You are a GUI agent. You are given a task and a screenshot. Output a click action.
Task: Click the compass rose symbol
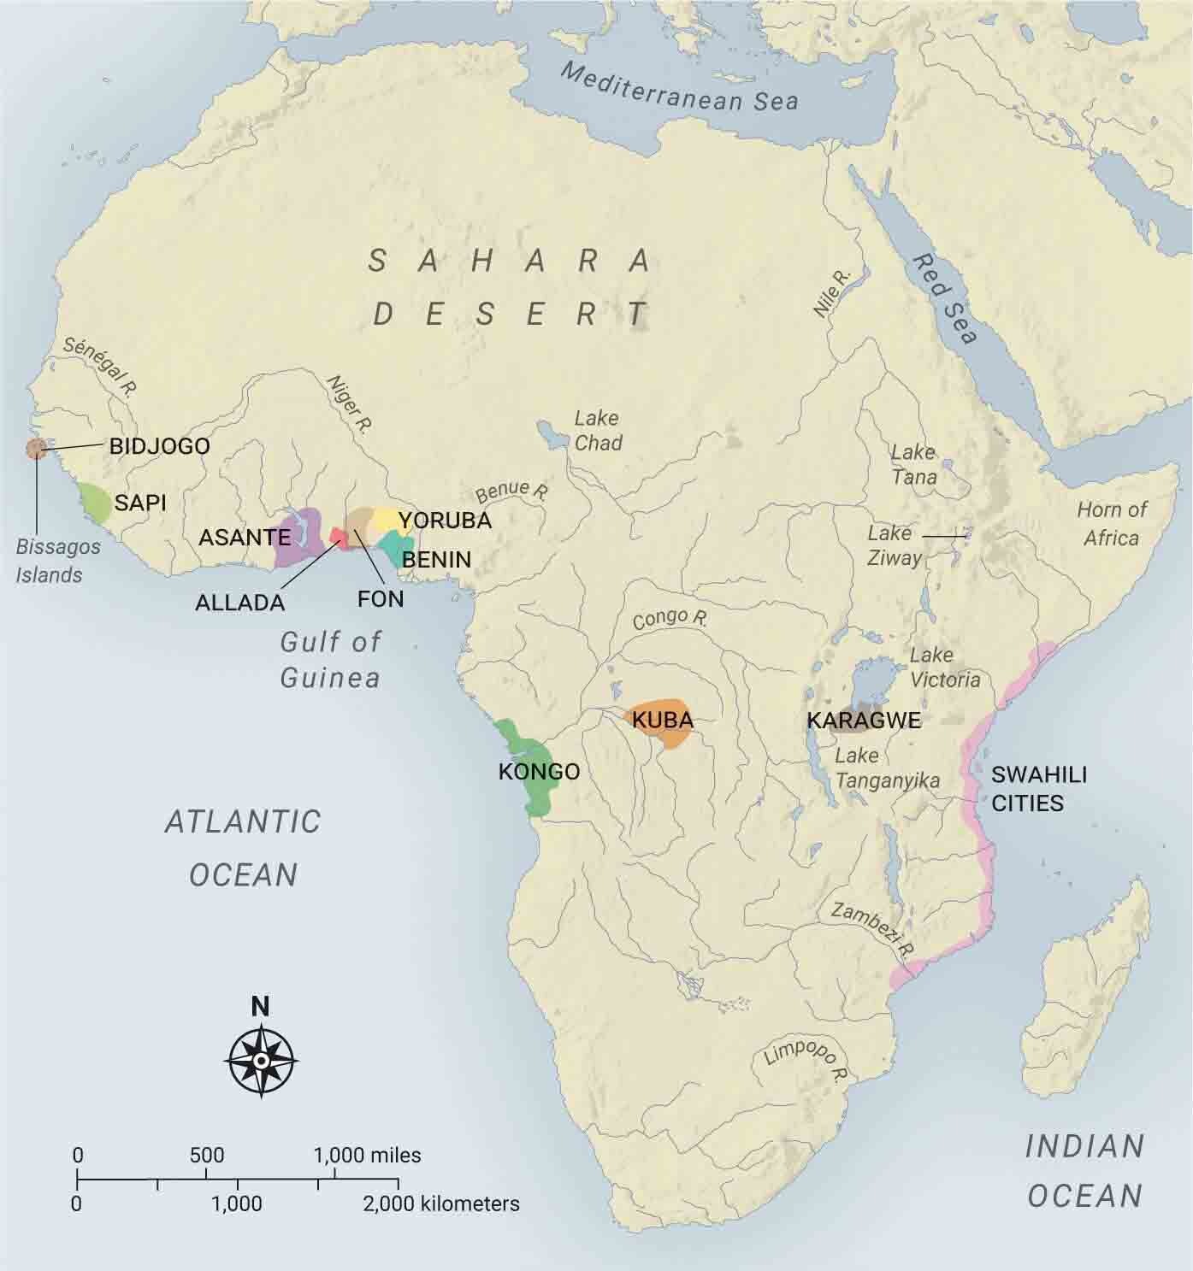[261, 1061]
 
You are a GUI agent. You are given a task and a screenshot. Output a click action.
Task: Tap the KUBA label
[662, 720]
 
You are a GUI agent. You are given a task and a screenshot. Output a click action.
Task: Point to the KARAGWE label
[864, 721]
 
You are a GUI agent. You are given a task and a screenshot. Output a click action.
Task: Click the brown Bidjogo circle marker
[36, 449]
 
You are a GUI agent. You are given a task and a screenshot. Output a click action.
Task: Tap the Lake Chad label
[597, 431]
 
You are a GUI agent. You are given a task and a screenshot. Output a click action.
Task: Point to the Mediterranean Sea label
[679, 87]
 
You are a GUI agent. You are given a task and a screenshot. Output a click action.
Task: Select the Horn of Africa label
[1111, 523]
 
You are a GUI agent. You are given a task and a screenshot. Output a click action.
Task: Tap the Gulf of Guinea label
[330, 659]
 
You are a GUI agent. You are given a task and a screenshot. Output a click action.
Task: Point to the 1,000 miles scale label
[368, 1156]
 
